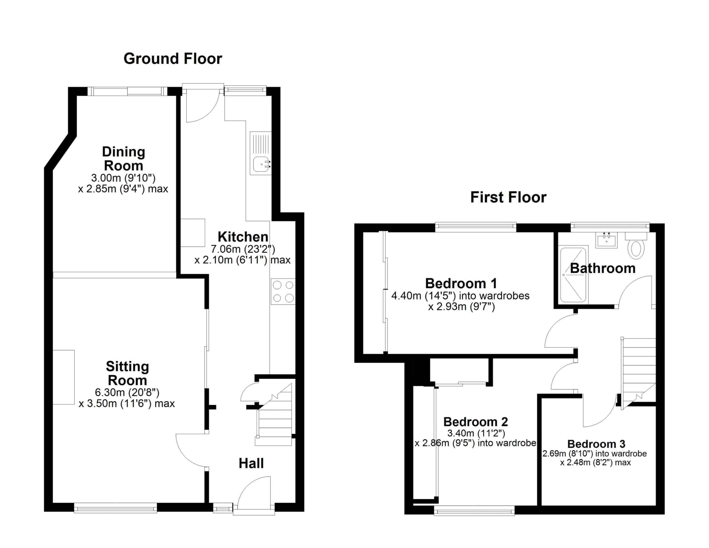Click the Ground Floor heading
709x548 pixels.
click(173, 59)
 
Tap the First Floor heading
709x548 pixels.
click(508, 197)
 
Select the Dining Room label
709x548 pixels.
click(123, 158)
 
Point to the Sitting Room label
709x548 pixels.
click(127, 373)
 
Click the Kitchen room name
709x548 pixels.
click(243, 237)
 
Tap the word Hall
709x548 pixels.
click(251, 463)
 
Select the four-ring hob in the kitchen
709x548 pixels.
click(283, 291)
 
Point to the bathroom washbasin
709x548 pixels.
click(606, 240)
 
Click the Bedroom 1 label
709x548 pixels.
click(461, 283)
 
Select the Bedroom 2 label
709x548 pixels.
click(475, 422)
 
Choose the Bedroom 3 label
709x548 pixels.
click(596, 444)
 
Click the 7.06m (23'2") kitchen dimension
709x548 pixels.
click(243, 249)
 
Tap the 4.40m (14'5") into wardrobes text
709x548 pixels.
click(460, 296)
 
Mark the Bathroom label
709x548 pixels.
click(603, 268)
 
